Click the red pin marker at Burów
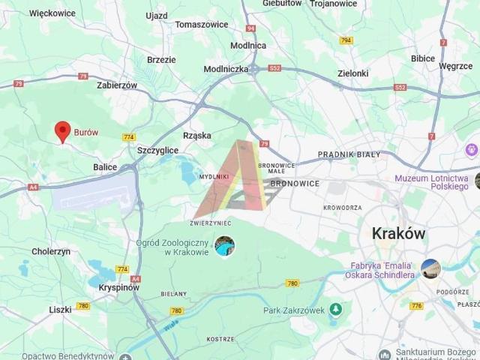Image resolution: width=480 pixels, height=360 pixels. click(x=63, y=132)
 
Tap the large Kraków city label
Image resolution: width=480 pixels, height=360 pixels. click(x=398, y=233)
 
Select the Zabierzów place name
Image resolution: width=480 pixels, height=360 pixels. click(x=117, y=85)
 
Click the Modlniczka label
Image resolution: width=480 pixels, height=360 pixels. click(x=226, y=68)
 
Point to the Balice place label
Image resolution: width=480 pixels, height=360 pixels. click(x=105, y=166)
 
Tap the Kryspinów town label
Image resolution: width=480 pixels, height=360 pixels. click(x=118, y=287)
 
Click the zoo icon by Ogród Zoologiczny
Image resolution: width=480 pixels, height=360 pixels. click(x=224, y=245)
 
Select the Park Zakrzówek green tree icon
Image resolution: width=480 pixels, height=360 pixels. click(x=335, y=309)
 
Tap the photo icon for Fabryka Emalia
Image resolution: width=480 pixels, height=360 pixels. click(x=430, y=268)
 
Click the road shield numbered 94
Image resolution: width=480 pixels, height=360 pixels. click(x=250, y=28)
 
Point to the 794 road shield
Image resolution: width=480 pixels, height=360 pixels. click(x=346, y=40)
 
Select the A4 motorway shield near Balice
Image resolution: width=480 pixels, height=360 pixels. click(x=33, y=187)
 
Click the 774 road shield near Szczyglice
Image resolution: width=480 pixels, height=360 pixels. click(x=129, y=137)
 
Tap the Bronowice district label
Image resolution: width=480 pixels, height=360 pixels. click(x=295, y=183)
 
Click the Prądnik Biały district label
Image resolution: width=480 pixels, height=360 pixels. click(x=349, y=154)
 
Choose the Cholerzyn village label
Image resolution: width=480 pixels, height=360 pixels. click(x=51, y=252)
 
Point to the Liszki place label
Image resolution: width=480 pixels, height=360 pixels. click(x=60, y=309)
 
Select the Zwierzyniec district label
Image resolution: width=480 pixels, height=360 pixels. click(x=211, y=223)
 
